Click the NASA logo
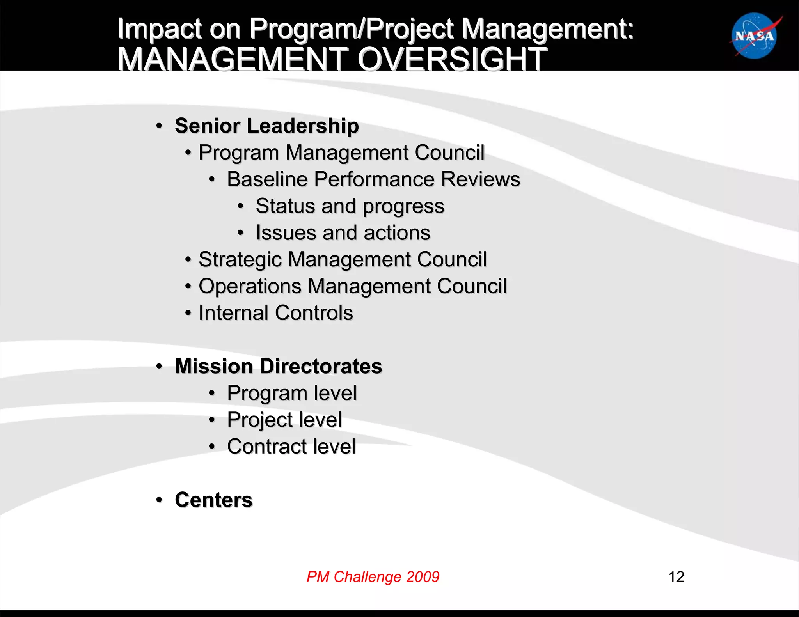click(x=755, y=36)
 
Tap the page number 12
click(x=676, y=576)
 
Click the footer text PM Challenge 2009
click(x=373, y=576)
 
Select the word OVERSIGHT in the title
click(x=452, y=59)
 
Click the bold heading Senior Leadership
click(x=266, y=126)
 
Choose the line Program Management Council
click(x=341, y=152)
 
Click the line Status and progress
click(x=350, y=206)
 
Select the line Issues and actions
click(x=343, y=233)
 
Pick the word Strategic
click(x=240, y=260)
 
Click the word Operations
click(x=250, y=286)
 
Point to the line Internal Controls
click(x=276, y=313)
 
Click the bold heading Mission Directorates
click(x=278, y=366)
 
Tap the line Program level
click(x=292, y=393)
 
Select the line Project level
click(x=284, y=420)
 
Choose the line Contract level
click(x=291, y=446)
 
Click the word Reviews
click(x=480, y=179)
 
